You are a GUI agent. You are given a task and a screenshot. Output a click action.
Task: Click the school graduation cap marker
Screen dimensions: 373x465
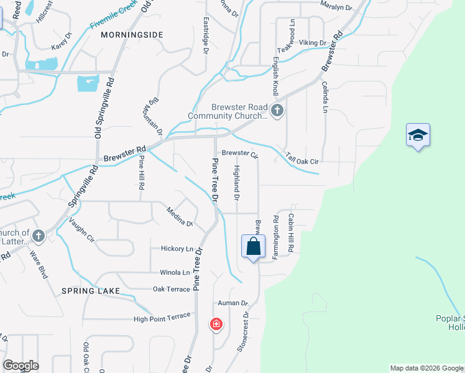[x=418, y=136]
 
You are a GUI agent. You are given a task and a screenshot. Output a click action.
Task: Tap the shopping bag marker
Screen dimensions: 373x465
[x=254, y=246]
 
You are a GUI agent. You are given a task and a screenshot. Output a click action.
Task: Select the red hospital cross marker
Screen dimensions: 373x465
[x=216, y=325]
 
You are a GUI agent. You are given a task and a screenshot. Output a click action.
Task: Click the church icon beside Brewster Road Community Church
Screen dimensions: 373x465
[x=277, y=111]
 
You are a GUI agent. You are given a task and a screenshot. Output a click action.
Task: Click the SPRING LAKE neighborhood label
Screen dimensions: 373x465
[x=86, y=291]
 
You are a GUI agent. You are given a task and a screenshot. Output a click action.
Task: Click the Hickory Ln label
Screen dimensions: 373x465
[x=177, y=249]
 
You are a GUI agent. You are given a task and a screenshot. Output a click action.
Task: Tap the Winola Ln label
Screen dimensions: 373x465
[x=175, y=272]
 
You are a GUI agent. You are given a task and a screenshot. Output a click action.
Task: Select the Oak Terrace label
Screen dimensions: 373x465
[x=172, y=289]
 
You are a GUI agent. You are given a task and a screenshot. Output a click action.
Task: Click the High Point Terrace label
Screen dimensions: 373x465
[x=162, y=318]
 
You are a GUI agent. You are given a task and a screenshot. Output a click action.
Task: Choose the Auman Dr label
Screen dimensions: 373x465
[x=233, y=303]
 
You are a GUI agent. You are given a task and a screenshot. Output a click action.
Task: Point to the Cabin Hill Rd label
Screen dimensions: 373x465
[x=290, y=233]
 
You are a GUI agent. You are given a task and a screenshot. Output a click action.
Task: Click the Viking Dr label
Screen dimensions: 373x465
[x=313, y=43]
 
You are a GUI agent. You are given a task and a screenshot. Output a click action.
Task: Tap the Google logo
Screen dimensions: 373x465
[x=20, y=366]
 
